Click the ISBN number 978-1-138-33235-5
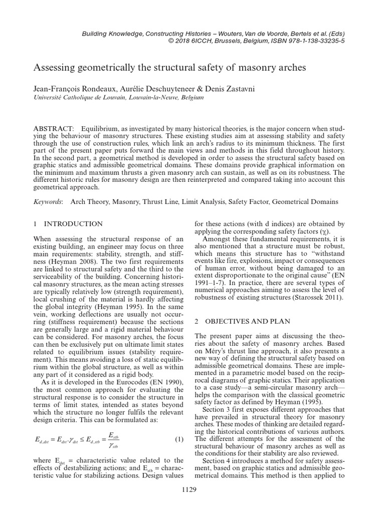click(310, 42)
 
